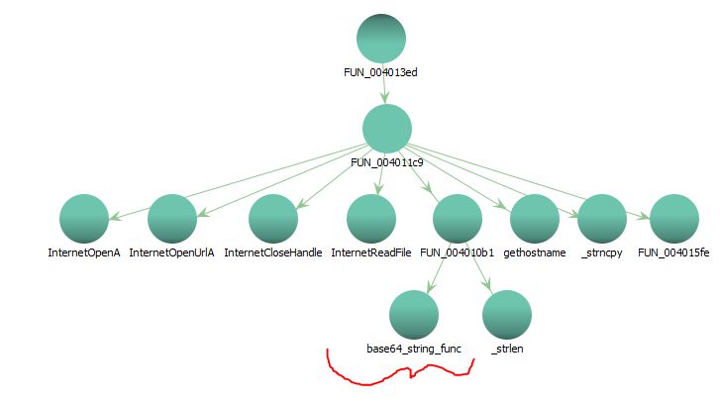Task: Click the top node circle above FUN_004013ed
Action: pos(381,39)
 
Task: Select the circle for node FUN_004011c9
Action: pos(386,129)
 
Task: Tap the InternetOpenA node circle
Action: pos(83,219)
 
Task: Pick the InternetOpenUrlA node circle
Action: pos(171,219)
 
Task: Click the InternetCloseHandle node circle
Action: pos(272,219)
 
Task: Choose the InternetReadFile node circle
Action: pos(370,219)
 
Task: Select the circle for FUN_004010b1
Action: pos(457,219)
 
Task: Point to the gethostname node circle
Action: pos(535,219)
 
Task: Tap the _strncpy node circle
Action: pos(602,219)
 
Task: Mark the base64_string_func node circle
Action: pos(413,315)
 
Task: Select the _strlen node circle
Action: pos(506,315)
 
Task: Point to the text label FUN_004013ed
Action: pos(381,72)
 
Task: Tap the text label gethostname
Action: pos(535,253)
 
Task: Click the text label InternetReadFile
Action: pos(370,253)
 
